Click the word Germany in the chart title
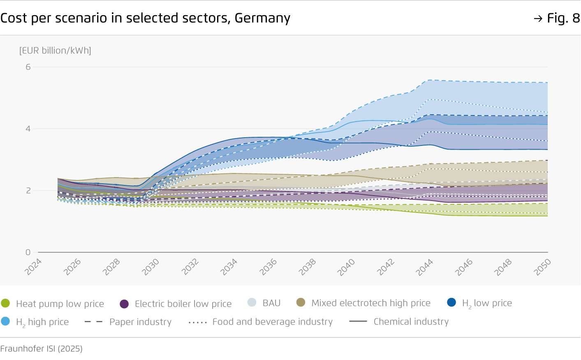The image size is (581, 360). pos(262,18)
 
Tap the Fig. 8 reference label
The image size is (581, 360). pos(562,18)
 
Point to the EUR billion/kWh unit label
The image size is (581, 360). pos(55,51)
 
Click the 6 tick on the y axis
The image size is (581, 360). pos(28,67)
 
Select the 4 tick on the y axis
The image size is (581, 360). pos(28,129)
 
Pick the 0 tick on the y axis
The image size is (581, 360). pos(28,252)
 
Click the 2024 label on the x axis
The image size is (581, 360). pos(33,267)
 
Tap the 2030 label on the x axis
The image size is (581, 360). pos(150,267)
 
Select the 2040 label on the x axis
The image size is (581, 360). pos(346,267)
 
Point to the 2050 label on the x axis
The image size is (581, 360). pos(542,267)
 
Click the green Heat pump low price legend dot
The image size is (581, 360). pos(5,303)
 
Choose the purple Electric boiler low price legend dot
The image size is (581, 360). pos(124,304)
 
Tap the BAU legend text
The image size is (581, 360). pos(271,303)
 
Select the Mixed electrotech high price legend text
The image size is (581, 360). pos(371,303)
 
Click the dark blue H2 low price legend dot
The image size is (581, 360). pos(451,302)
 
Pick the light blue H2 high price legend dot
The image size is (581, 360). pos(5,321)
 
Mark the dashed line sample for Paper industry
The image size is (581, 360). pos(93,322)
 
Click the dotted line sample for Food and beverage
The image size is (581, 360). pos(197,323)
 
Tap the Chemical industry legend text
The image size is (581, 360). pos(411,322)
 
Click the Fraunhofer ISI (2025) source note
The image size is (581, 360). pos(42,349)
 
